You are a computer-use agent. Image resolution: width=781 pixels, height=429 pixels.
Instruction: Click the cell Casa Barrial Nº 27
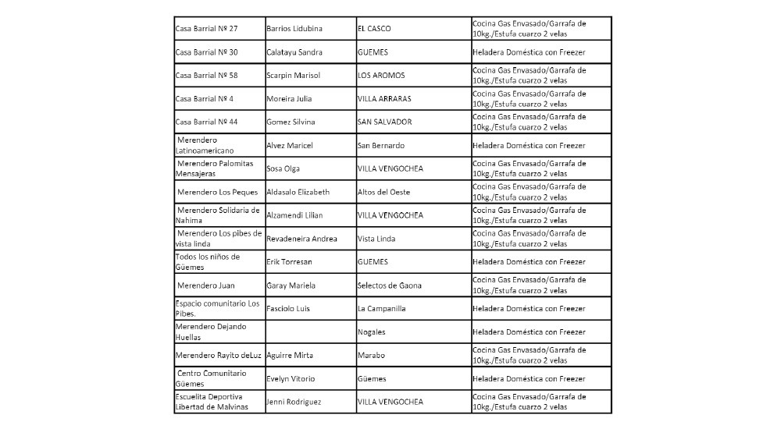pyautogui.click(x=207, y=29)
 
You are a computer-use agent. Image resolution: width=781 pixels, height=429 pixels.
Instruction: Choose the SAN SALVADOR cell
pyautogui.click(x=384, y=122)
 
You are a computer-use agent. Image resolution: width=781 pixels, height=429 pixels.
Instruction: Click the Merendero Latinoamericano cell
pyautogui.click(x=205, y=146)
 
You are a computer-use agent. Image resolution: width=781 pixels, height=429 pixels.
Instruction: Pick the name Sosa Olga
pyautogui.click(x=284, y=168)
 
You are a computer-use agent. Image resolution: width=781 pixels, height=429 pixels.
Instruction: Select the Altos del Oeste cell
pyautogui.click(x=383, y=192)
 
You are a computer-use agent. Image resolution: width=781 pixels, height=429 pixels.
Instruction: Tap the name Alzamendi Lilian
pyautogui.click(x=295, y=215)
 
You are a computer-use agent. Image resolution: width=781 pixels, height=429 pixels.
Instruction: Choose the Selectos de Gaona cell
pyautogui.click(x=389, y=285)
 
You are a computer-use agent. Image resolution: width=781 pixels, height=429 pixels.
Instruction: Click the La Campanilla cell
pyautogui.click(x=382, y=309)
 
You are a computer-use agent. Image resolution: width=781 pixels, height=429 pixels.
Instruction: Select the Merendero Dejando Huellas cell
pyautogui.click(x=211, y=331)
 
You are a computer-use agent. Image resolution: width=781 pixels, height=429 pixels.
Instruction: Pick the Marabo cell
pyautogui.click(x=371, y=355)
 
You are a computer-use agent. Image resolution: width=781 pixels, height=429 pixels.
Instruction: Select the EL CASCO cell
pyautogui.click(x=374, y=29)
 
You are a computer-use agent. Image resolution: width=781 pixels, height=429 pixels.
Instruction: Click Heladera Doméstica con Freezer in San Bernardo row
pyautogui.click(x=529, y=146)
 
